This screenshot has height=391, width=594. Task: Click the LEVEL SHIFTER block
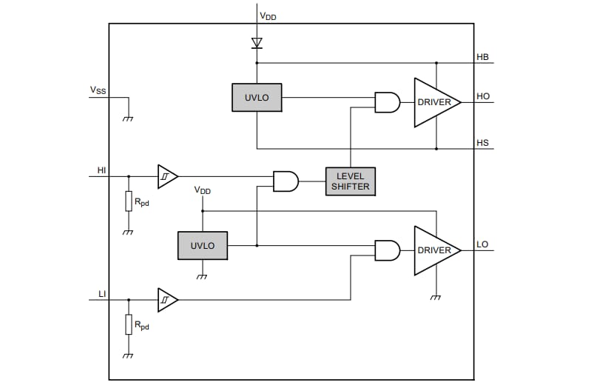350,180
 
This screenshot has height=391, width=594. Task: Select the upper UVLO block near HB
257,98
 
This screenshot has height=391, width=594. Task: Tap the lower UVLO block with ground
202,245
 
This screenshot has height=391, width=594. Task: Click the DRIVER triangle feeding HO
435,102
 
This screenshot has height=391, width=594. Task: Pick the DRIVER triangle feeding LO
435,250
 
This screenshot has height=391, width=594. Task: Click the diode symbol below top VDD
257,43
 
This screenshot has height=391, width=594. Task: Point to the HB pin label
482,57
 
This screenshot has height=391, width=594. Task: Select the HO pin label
483,96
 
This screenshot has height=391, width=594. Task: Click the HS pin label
482,143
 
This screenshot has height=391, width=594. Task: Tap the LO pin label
482,244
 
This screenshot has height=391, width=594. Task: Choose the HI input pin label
102,170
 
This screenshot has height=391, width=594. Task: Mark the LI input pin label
102,294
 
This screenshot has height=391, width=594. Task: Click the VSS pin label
98,90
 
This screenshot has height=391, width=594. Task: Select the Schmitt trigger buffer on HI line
166,177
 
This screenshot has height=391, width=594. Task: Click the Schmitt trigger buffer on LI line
166,300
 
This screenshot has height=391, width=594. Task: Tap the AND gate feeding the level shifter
286,180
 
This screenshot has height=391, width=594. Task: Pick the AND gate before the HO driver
387,102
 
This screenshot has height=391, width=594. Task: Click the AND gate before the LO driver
387,250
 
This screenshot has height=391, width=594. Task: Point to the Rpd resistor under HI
129,201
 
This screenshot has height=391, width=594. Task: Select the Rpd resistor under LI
129,324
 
